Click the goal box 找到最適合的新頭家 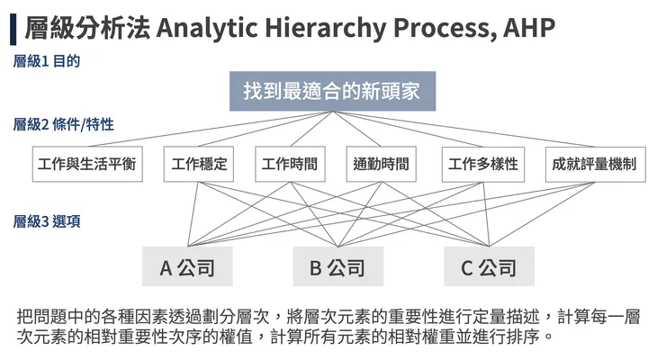[x=332, y=91]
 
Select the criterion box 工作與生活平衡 [x=86, y=165]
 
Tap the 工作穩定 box [x=199, y=165]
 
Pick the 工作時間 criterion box [x=289, y=165]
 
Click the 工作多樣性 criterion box [x=483, y=165]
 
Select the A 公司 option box [x=188, y=267]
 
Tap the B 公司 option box [x=337, y=267]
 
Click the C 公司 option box [x=489, y=267]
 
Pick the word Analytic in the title [x=209, y=28]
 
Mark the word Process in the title [x=442, y=28]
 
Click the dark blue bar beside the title [x=13, y=28]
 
